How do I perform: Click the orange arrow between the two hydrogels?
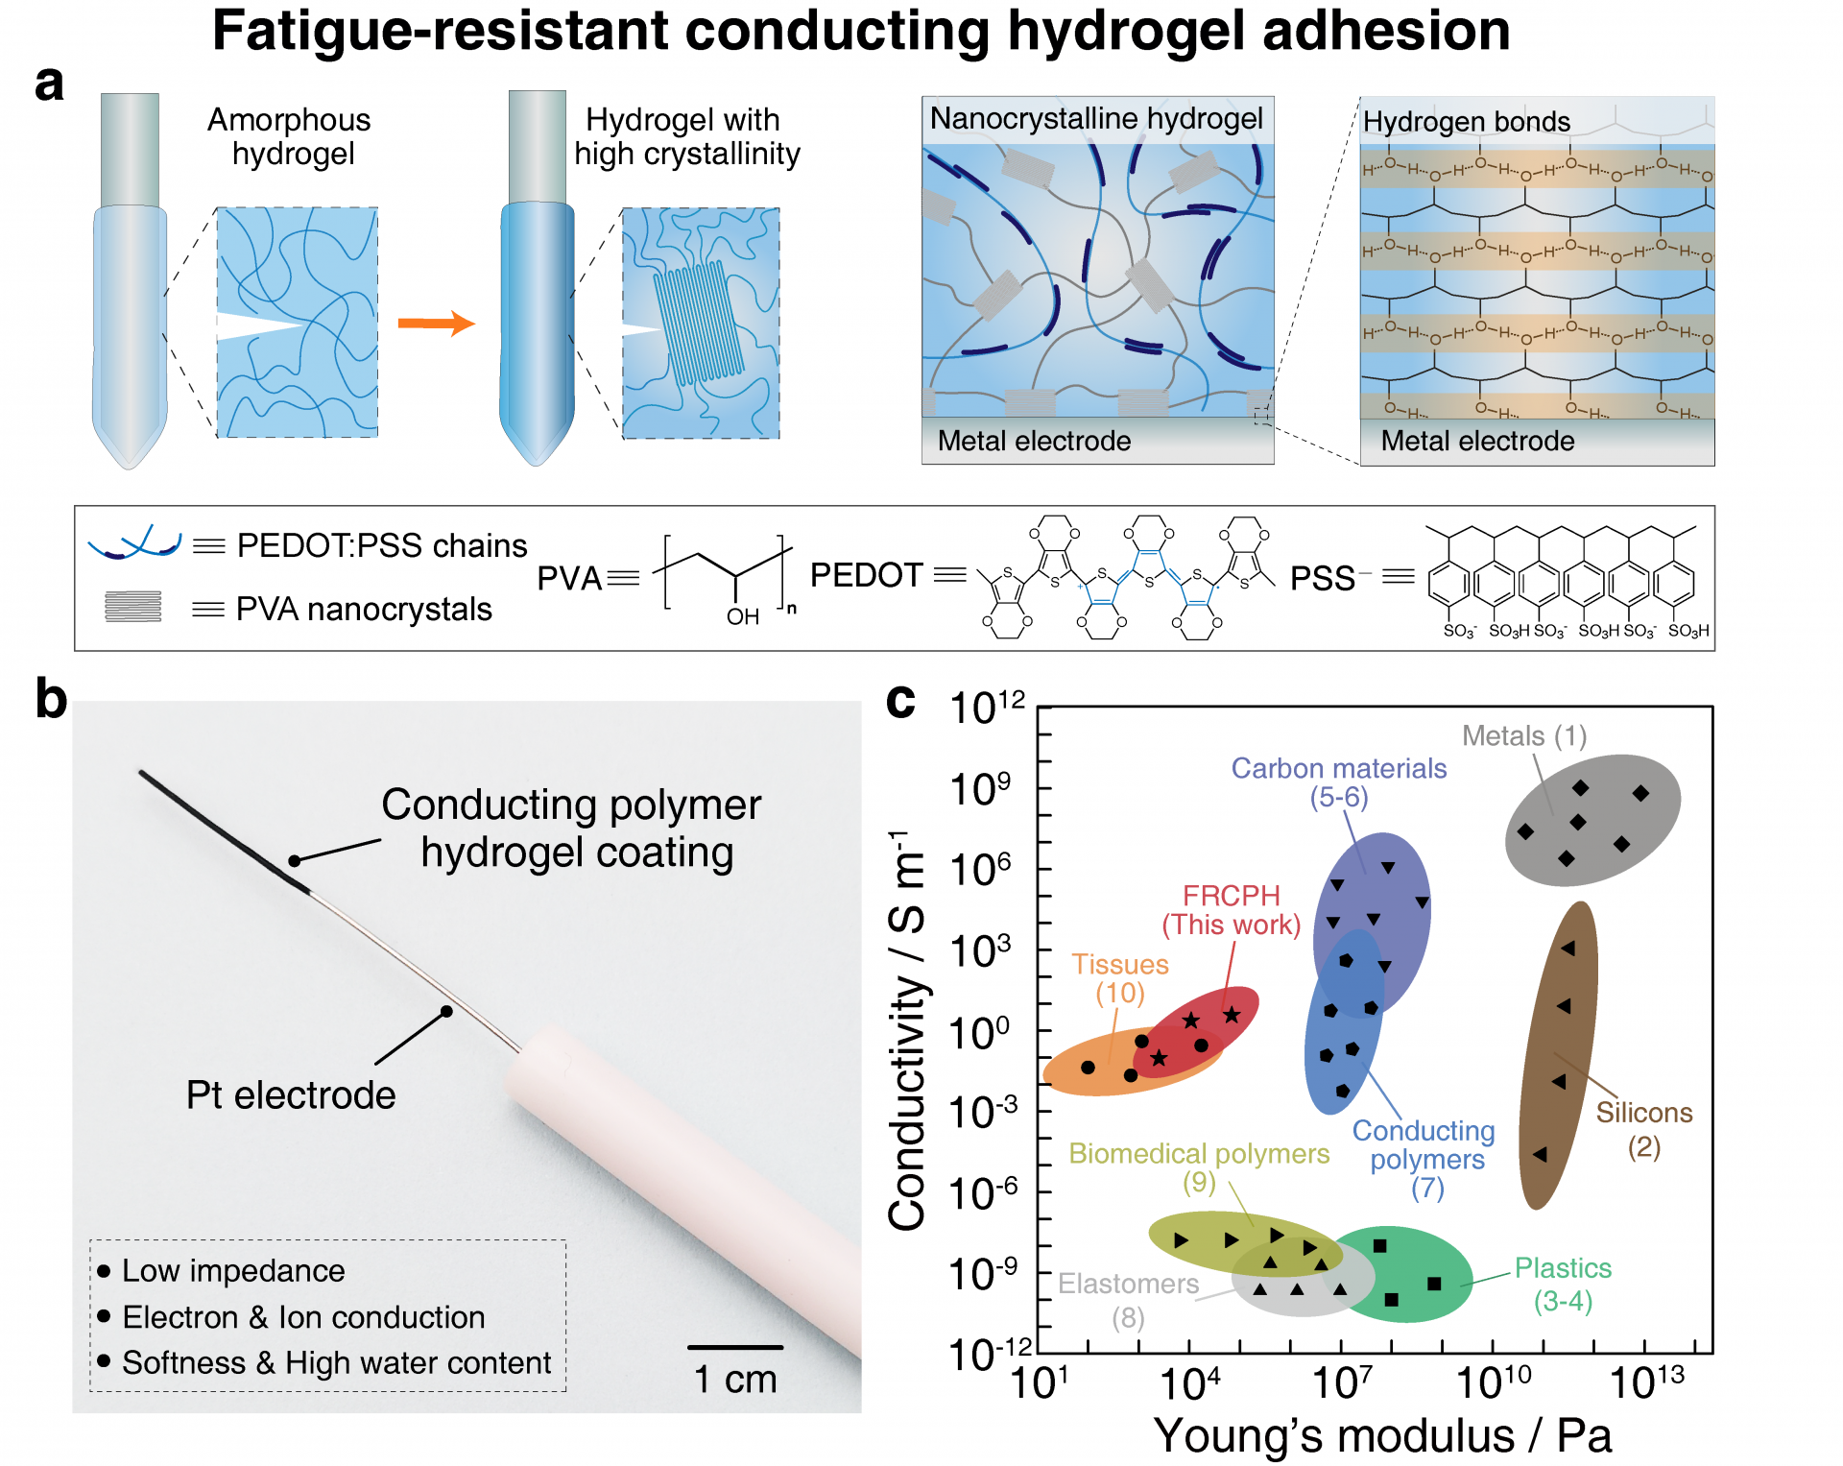tap(436, 323)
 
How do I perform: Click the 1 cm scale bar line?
tap(735, 1347)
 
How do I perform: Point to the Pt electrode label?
tap(290, 1094)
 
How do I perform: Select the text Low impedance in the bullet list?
tap(233, 1270)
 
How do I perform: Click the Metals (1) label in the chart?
tap(1523, 735)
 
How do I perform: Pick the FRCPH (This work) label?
tap(1231, 909)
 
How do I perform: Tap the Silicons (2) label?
tap(1643, 1129)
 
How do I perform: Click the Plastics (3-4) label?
tap(1563, 1285)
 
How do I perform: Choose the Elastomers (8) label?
tap(1128, 1300)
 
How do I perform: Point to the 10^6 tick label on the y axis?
tap(980, 870)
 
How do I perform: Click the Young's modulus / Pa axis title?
tap(1381, 1436)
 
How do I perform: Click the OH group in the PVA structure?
tap(742, 616)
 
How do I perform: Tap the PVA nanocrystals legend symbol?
tap(133, 607)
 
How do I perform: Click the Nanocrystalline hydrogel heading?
tap(1096, 119)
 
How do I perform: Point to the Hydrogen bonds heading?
tap(1466, 122)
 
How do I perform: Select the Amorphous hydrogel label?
tap(290, 136)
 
